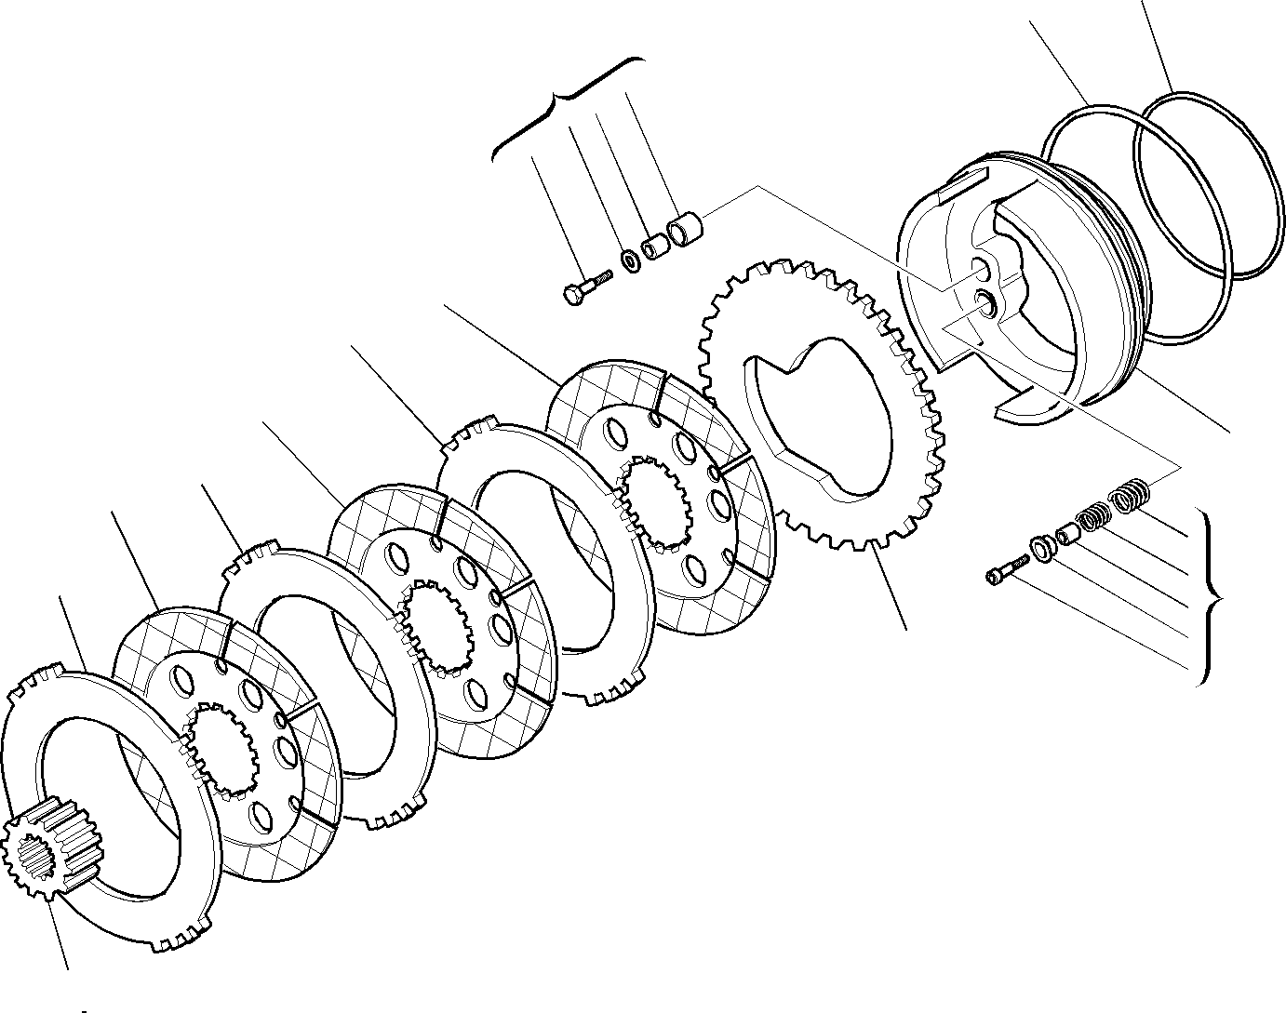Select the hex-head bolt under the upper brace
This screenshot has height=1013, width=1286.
point(583,286)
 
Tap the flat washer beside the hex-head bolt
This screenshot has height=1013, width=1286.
point(631,260)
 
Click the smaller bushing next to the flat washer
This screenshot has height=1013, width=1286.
point(657,247)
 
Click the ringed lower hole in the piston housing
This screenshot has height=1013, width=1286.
point(986,300)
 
